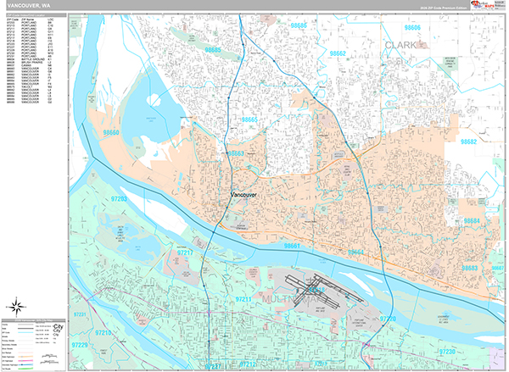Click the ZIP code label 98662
click(338, 53)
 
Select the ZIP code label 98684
click(473, 220)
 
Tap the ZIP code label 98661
click(293, 246)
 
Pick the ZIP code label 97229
click(80, 346)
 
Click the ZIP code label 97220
click(388, 318)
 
